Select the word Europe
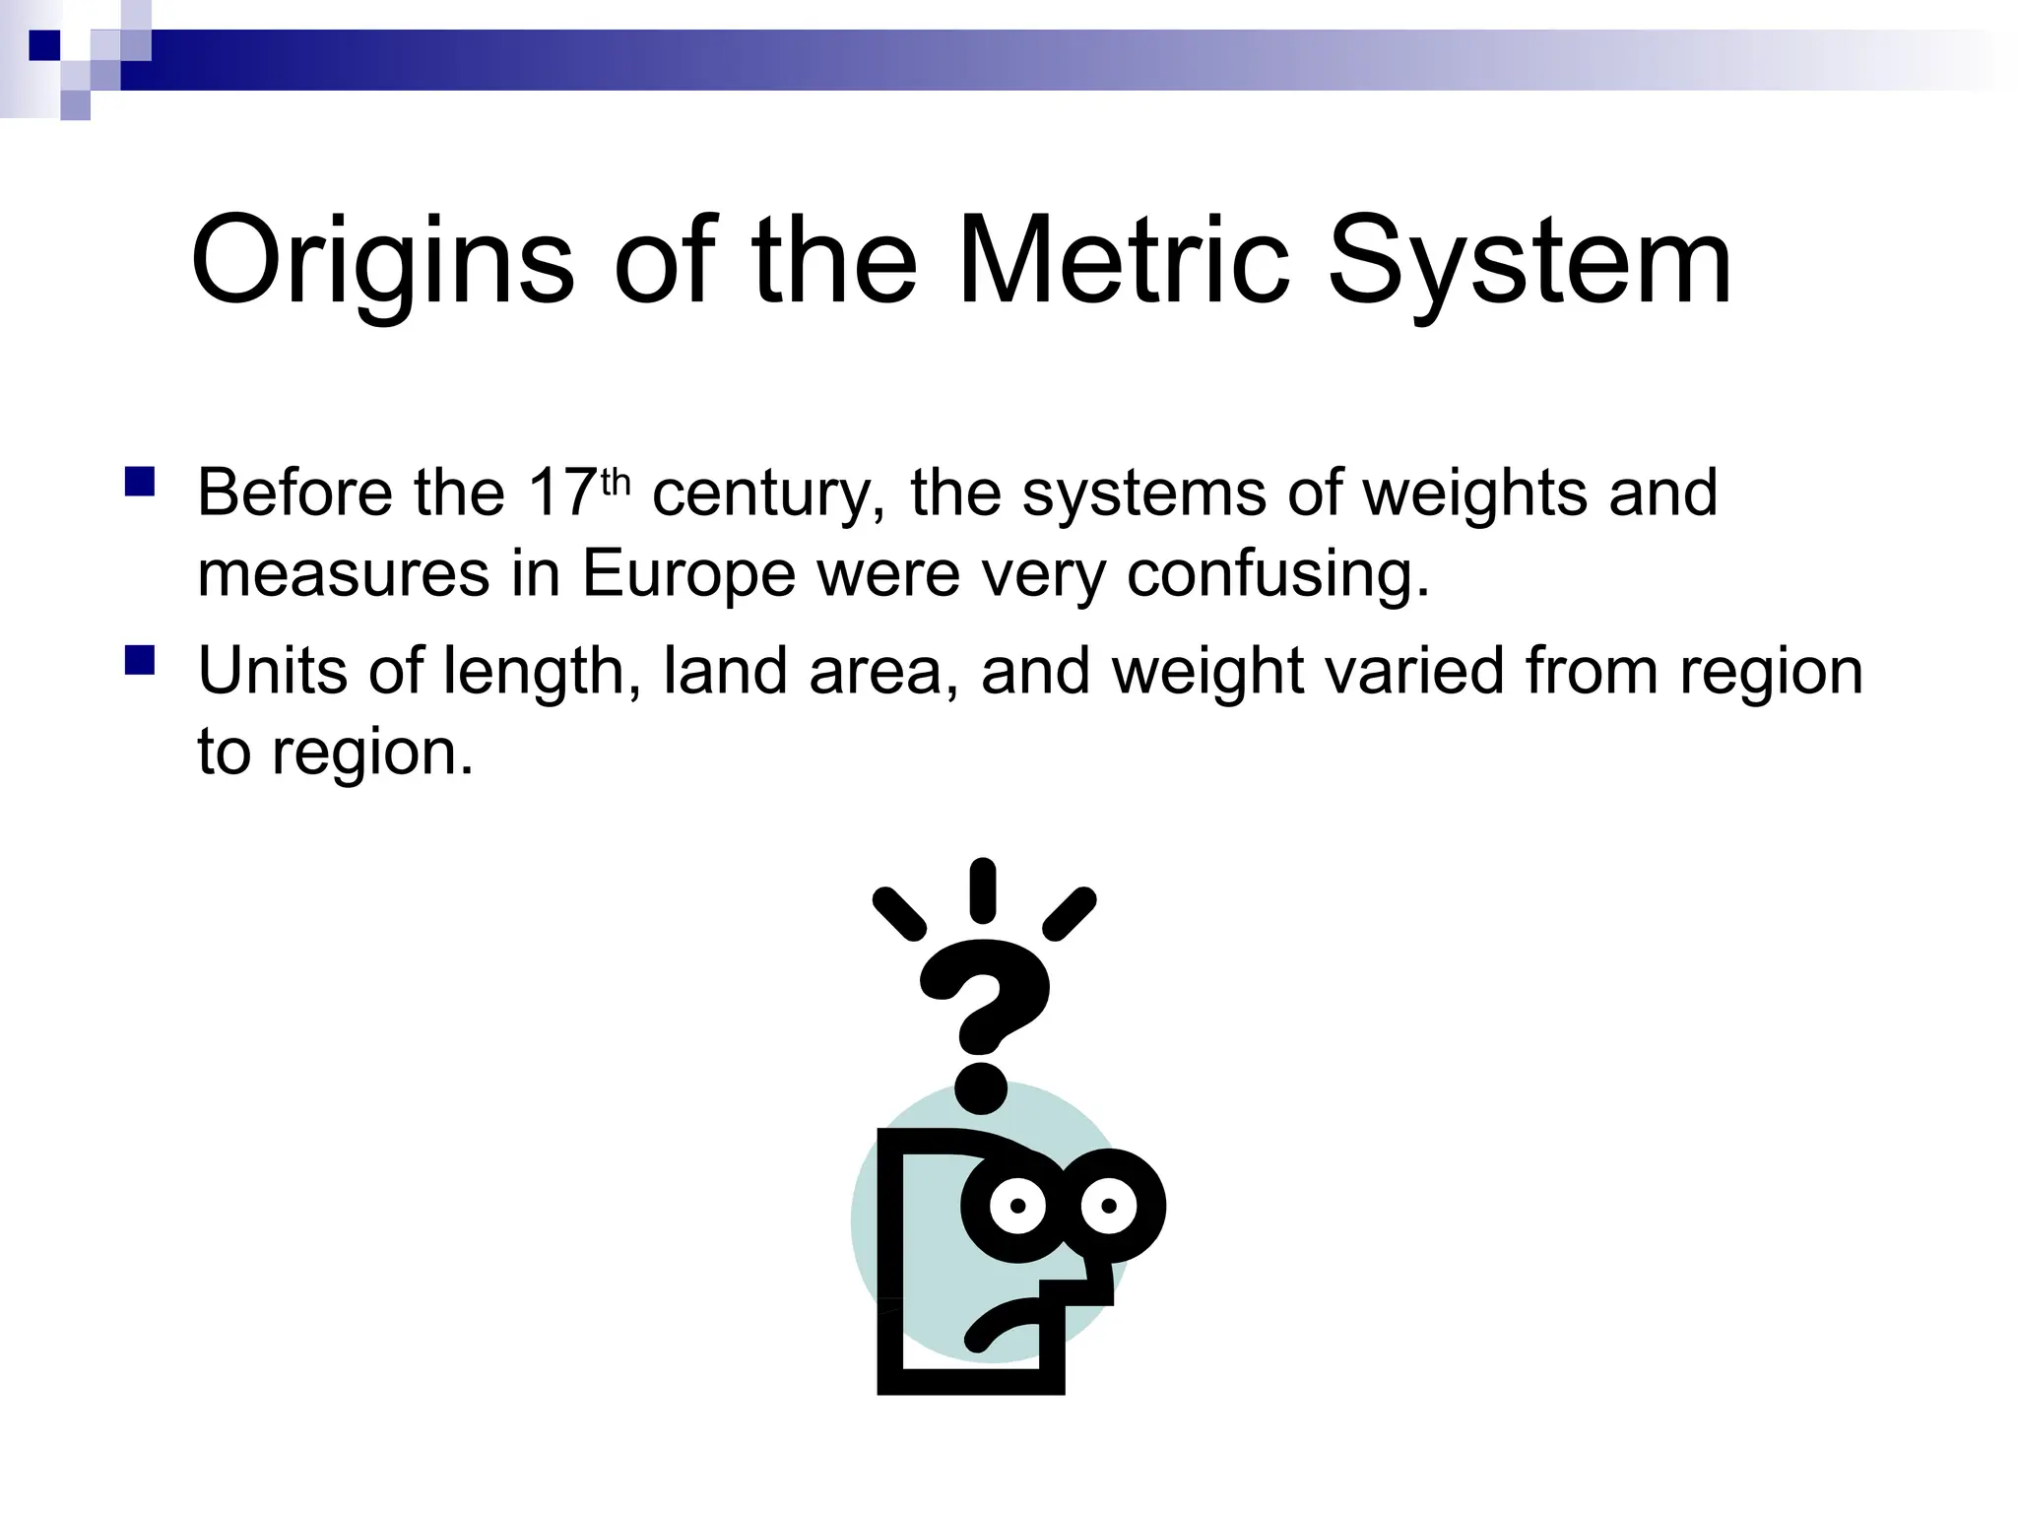click(687, 574)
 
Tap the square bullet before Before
click(140, 482)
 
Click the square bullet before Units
click(140, 660)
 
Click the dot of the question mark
click(981, 1086)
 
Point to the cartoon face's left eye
click(1018, 1206)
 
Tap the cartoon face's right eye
click(1110, 1206)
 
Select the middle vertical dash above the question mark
click(982, 890)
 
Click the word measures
click(343, 574)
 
